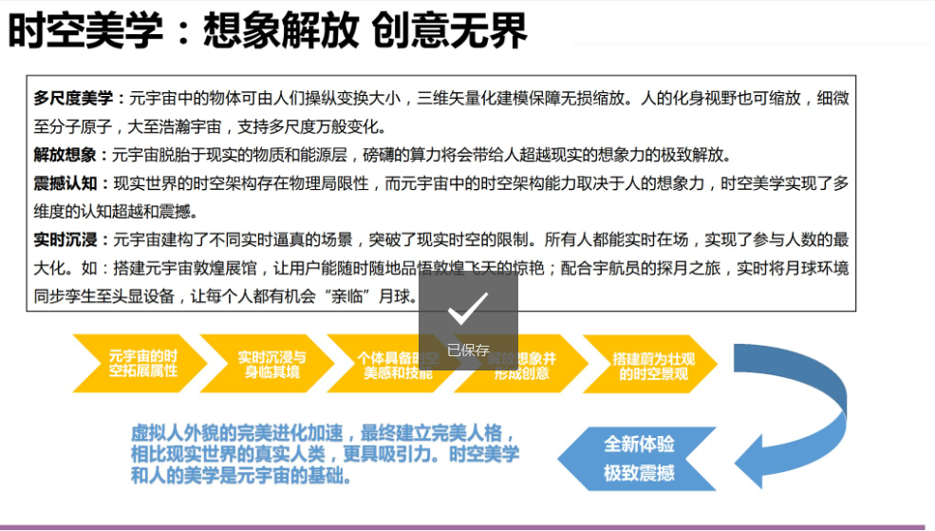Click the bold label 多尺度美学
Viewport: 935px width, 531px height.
click(73, 99)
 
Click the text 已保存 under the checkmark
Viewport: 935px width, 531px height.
click(468, 351)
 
